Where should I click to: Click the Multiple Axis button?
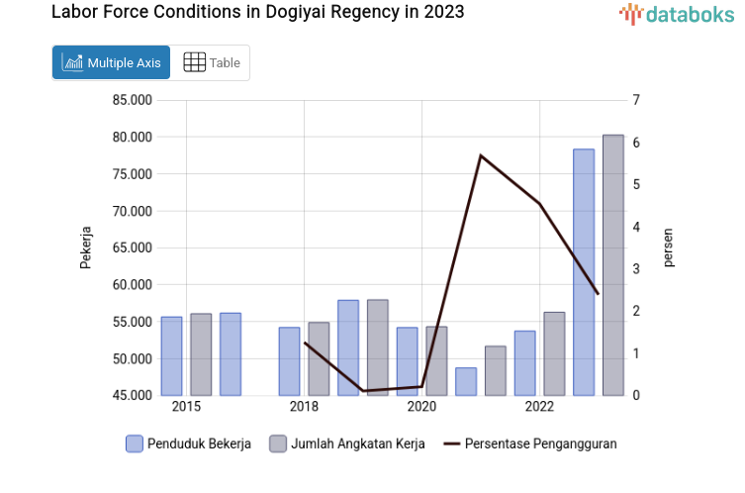(111, 62)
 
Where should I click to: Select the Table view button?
(212, 62)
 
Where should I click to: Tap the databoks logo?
(677, 14)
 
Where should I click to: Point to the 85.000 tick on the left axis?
(132, 100)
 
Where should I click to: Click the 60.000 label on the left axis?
(132, 285)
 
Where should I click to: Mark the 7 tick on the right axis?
(637, 100)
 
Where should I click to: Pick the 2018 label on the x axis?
(304, 407)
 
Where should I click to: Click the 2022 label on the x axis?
(539, 407)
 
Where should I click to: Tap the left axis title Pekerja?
(86, 247)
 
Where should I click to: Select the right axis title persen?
(668, 247)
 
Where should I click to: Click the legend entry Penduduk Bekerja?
(188, 444)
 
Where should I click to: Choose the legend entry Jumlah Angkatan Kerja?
(347, 444)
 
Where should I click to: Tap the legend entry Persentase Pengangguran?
(530, 444)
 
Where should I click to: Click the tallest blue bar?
(584, 272)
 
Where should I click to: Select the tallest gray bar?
(613, 265)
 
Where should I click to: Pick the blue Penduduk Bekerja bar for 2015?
(171, 356)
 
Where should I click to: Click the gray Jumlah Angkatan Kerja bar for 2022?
(554, 353)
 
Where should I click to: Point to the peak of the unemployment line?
(480, 155)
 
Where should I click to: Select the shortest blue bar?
(466, 382)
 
